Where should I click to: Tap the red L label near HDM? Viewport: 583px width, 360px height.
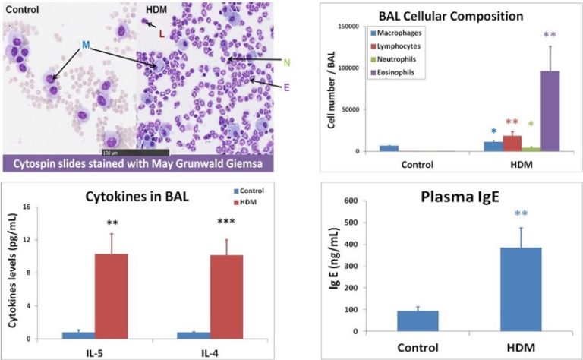[x=160, y=34]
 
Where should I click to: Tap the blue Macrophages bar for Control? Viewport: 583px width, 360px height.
[x=389, y=148]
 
